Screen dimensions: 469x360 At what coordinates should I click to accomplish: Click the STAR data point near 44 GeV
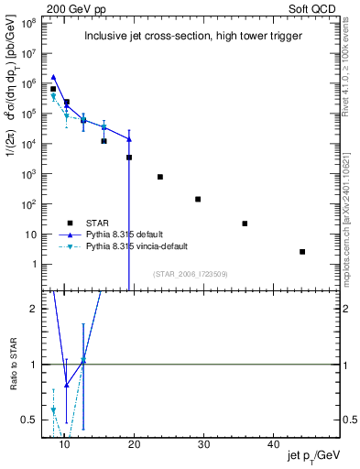point(302,251)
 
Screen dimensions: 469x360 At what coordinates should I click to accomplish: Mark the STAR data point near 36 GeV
point(245,224)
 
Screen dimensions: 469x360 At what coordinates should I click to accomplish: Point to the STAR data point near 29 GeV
point(198,199)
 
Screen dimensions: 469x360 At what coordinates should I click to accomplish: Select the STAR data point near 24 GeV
point(160,177)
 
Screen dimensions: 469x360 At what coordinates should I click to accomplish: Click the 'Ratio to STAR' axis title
point(14,365)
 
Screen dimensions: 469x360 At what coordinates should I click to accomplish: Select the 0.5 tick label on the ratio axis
point(27,420)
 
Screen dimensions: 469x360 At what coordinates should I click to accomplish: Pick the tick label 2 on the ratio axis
point(32,309)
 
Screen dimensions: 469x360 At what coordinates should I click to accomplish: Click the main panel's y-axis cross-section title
point(13,151)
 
